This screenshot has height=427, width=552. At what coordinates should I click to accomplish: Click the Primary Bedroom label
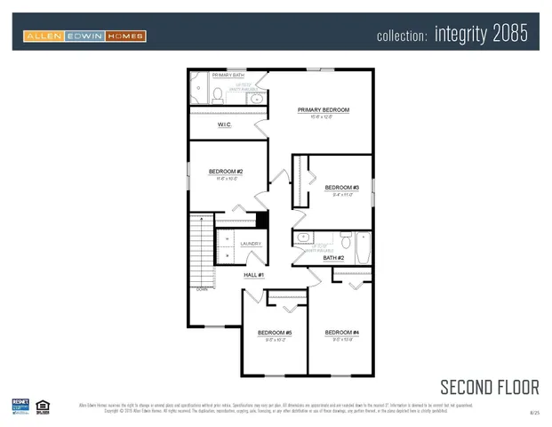click(324, 110)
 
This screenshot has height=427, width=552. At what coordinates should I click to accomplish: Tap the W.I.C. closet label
click(225, 125)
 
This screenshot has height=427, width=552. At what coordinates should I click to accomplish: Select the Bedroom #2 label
click(226, 172)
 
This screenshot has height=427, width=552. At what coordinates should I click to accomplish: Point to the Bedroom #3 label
click(341, 188)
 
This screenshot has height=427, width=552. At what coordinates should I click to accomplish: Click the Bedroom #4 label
click(341, 333)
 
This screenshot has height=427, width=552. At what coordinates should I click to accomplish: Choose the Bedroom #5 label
click(275, 333)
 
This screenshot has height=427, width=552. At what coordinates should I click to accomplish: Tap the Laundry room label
click(250, 243)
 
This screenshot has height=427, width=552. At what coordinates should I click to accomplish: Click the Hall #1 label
click(254, 276)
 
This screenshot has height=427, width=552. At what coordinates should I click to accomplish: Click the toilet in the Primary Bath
click(218, 95)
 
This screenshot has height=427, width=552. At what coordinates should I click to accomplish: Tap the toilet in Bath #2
click(346, 240)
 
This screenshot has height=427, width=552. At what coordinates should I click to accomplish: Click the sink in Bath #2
click(303, 238)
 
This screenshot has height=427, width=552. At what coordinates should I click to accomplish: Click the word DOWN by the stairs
click(202, 289)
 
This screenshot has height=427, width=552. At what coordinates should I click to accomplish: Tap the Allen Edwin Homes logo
click(84, 36)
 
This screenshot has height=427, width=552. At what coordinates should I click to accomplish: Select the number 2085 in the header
click(507, 35)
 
